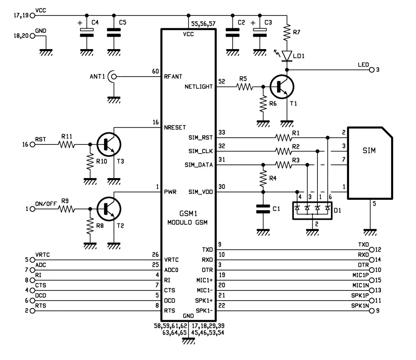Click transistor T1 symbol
(x=282, y=87)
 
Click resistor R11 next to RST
(x=67, y=144)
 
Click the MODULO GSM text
(x=188, y=222)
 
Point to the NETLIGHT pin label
(x=198, y=87)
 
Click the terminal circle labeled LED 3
(x=372, y=70)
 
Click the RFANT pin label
(x=173, y=77)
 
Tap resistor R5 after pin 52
(x=245, y=87)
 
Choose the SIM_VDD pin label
(x=201, y=191)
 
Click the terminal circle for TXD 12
(x=372, y=250)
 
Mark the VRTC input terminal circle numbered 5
(x=33, y=260)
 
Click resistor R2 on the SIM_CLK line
(x=283, y=151)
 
